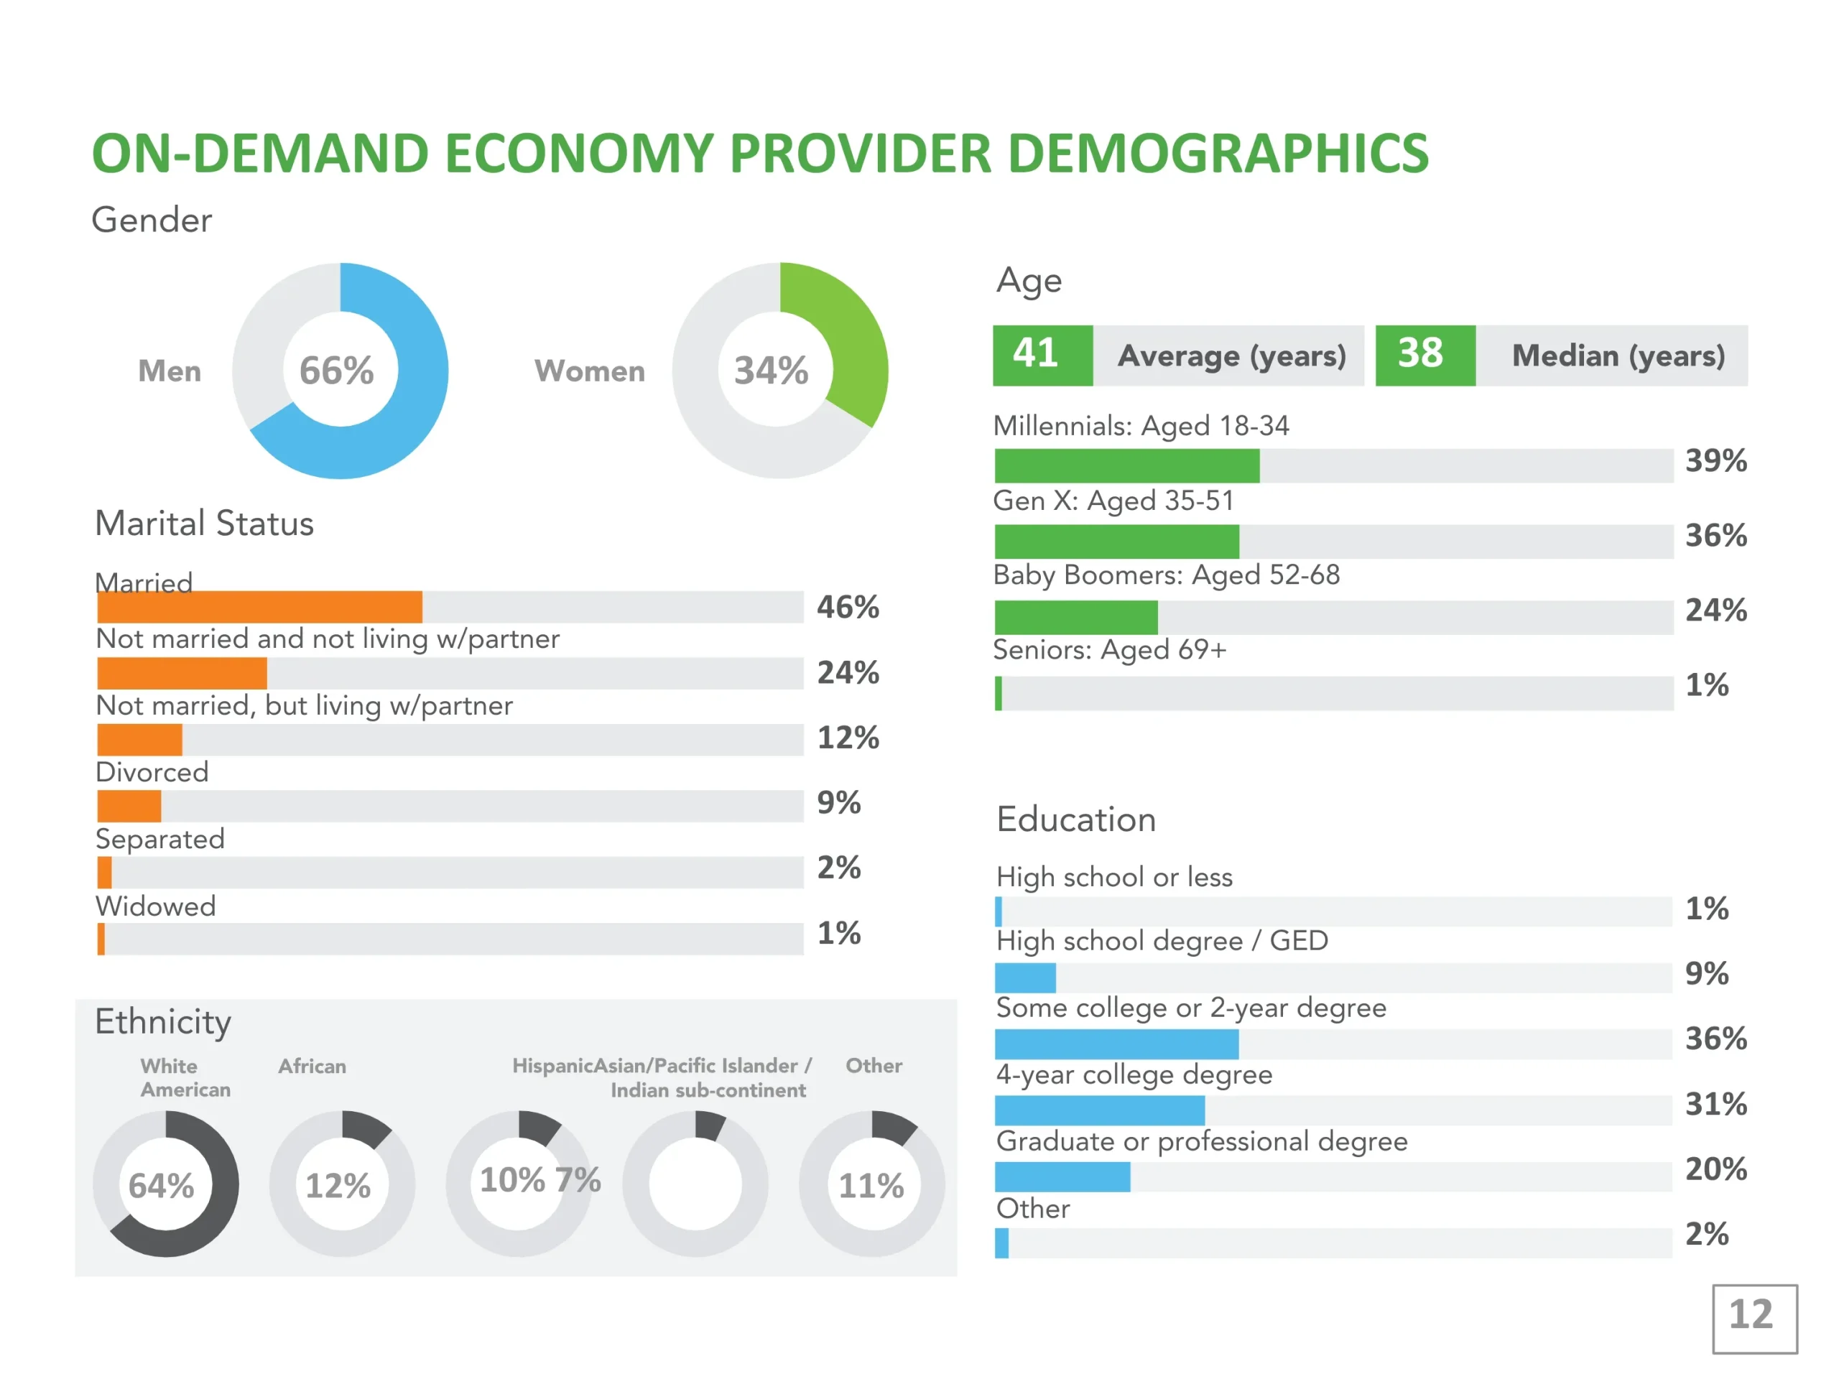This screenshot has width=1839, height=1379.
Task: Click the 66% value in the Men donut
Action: click(x=337, y=371)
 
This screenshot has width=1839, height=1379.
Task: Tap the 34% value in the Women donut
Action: click(x=771, y=371)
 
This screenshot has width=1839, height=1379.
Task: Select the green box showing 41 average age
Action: click(x=1042, y=355)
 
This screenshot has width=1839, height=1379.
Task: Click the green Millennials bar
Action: click(x=1126, y=465)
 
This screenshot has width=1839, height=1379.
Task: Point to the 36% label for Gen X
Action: click(x=1715, y=535)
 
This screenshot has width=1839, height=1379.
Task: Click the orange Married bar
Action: click(x=259, y=607)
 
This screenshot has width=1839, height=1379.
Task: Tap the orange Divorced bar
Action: click(x=129, y=805)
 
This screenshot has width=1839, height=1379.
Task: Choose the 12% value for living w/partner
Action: click(x=847, y=738)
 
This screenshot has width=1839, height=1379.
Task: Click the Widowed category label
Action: click(x=155, y=905)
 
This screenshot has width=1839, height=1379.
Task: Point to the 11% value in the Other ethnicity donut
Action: click(x=871, y=1185)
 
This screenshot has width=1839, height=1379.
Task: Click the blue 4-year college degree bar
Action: click(x=1099, y=1110)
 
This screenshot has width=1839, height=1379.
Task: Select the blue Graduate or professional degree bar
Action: click(x=1062, y=1176)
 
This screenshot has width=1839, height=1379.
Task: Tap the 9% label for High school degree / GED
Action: click(x=1706, y=973)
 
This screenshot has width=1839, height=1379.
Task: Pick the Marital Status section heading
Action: click(x=205, y=524)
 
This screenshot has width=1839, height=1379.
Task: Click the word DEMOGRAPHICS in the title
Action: click(x=1218, y=154)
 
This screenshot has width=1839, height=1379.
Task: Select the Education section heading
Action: click(x=1076, y=819)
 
